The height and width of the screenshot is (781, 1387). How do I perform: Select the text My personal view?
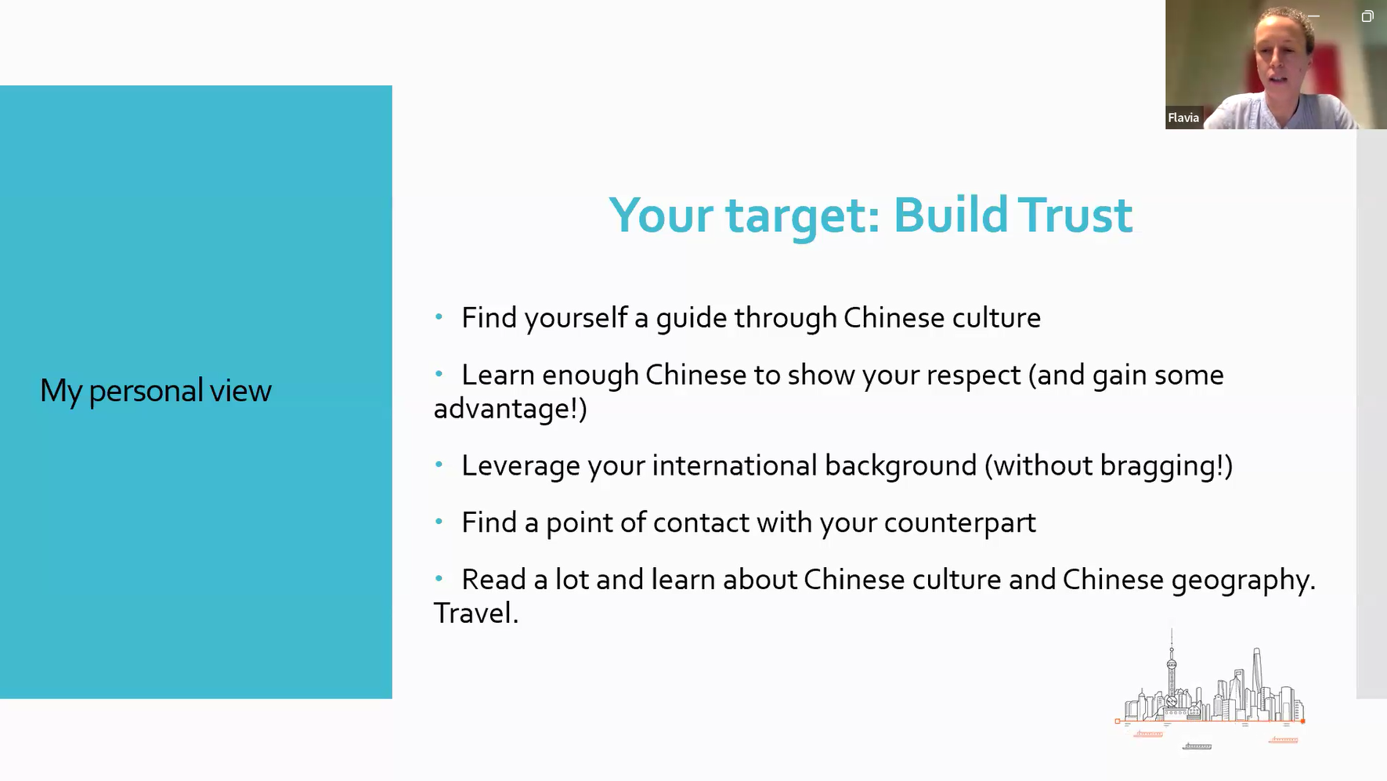point(156,391)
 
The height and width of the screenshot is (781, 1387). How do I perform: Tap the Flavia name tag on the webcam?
point(1183,118)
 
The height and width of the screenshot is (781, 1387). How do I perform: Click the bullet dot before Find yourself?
point(439,317)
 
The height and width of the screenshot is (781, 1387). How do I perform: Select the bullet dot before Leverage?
point(439,465)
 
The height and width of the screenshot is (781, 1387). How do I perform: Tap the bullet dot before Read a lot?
point(439,579)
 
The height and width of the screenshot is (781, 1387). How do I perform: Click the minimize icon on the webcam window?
point(1313,16)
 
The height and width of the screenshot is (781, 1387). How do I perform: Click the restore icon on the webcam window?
point(1367,16)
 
